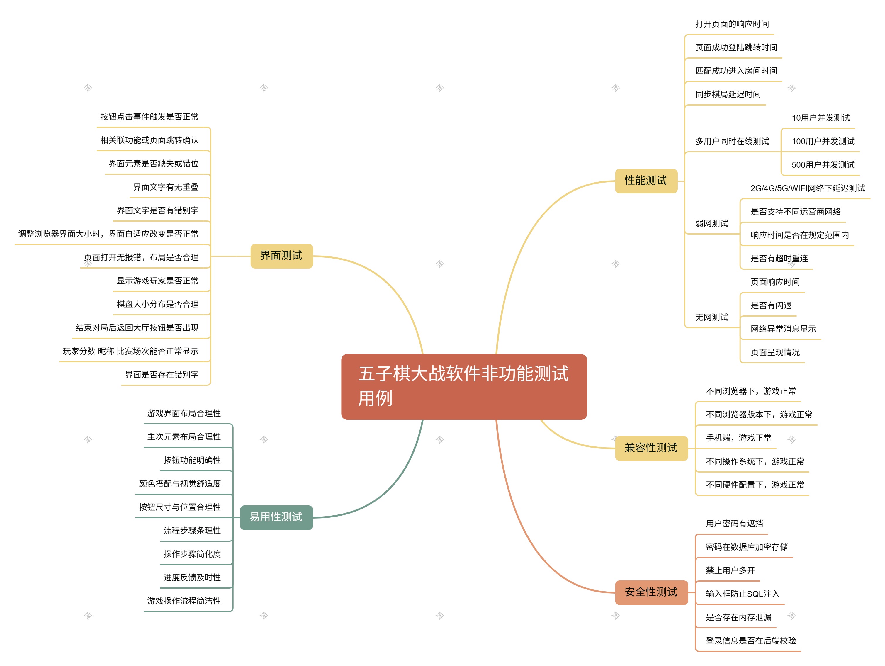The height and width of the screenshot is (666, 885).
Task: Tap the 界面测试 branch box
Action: point(281,256)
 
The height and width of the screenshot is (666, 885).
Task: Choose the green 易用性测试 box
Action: point(276,517)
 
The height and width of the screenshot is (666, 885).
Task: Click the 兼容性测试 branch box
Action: point(651,448)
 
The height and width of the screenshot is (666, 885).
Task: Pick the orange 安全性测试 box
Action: point(651,592)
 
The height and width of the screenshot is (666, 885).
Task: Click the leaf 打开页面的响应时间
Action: point(732,24)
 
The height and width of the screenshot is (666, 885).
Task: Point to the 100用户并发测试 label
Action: point(823,141)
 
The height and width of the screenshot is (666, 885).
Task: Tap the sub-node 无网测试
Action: point(711,317)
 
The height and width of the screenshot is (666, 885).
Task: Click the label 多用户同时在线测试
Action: point(732,141)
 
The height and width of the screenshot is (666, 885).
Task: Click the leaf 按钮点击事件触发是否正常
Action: point(149,117)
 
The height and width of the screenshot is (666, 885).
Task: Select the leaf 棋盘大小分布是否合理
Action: point(158,304)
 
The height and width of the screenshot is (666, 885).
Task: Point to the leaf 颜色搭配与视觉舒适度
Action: point(180,484)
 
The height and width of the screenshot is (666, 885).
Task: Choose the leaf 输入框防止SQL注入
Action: point(742,594)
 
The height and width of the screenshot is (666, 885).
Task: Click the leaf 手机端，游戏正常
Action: point(738,438)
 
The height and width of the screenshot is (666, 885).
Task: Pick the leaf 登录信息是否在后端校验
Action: point(750,641)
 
